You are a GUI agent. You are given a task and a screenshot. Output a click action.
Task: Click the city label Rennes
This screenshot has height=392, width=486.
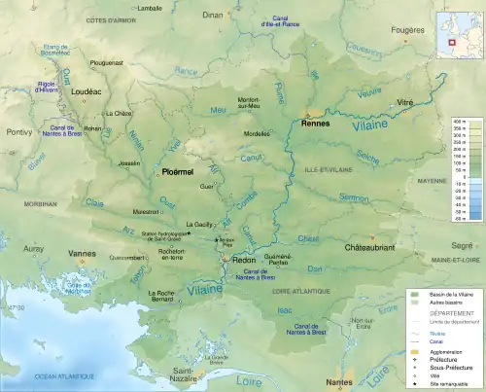click(x=316, y=124)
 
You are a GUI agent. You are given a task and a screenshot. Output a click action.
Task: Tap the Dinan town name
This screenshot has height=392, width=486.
click(x=212, y=16)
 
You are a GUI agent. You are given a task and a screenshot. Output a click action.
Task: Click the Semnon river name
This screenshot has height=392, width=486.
click(x=354, y=196)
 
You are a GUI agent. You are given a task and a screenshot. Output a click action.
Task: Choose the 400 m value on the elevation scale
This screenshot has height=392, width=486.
click(x=465, y=121)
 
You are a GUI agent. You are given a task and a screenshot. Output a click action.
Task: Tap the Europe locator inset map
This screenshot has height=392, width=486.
click(x=460, y=31)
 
